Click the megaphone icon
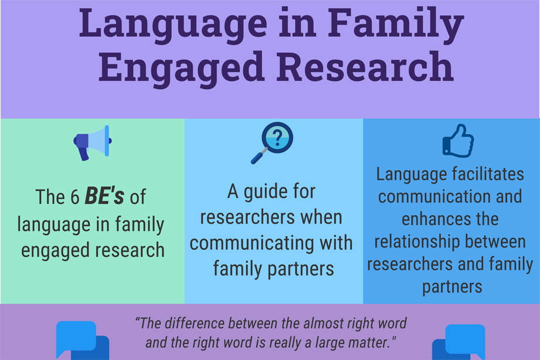coord(92,142)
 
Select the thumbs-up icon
coord(458,141)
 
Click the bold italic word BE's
coord(104,197)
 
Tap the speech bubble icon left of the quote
coord(82,340)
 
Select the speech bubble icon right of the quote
coord(459,341)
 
